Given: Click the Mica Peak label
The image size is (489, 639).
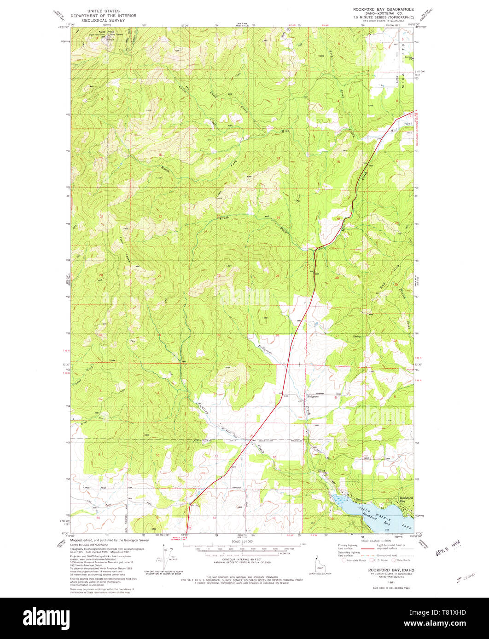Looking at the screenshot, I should click(x=100, y=31).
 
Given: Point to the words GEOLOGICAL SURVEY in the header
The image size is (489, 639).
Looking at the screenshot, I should click(x=106, y=21).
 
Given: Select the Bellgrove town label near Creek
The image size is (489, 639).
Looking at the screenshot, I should click(x=313, y=396).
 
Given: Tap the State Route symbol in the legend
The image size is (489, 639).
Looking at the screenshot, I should click(x=394, y=560).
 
